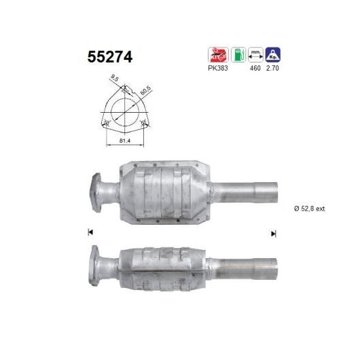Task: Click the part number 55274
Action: point(109,57)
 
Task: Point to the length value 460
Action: point(256,69)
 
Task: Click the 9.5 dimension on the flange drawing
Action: point(115,79)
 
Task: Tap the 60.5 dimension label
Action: point(144,89)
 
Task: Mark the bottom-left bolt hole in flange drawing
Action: point(106,122)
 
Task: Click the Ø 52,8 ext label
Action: point(309,209)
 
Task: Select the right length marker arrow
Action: point(273,233)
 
